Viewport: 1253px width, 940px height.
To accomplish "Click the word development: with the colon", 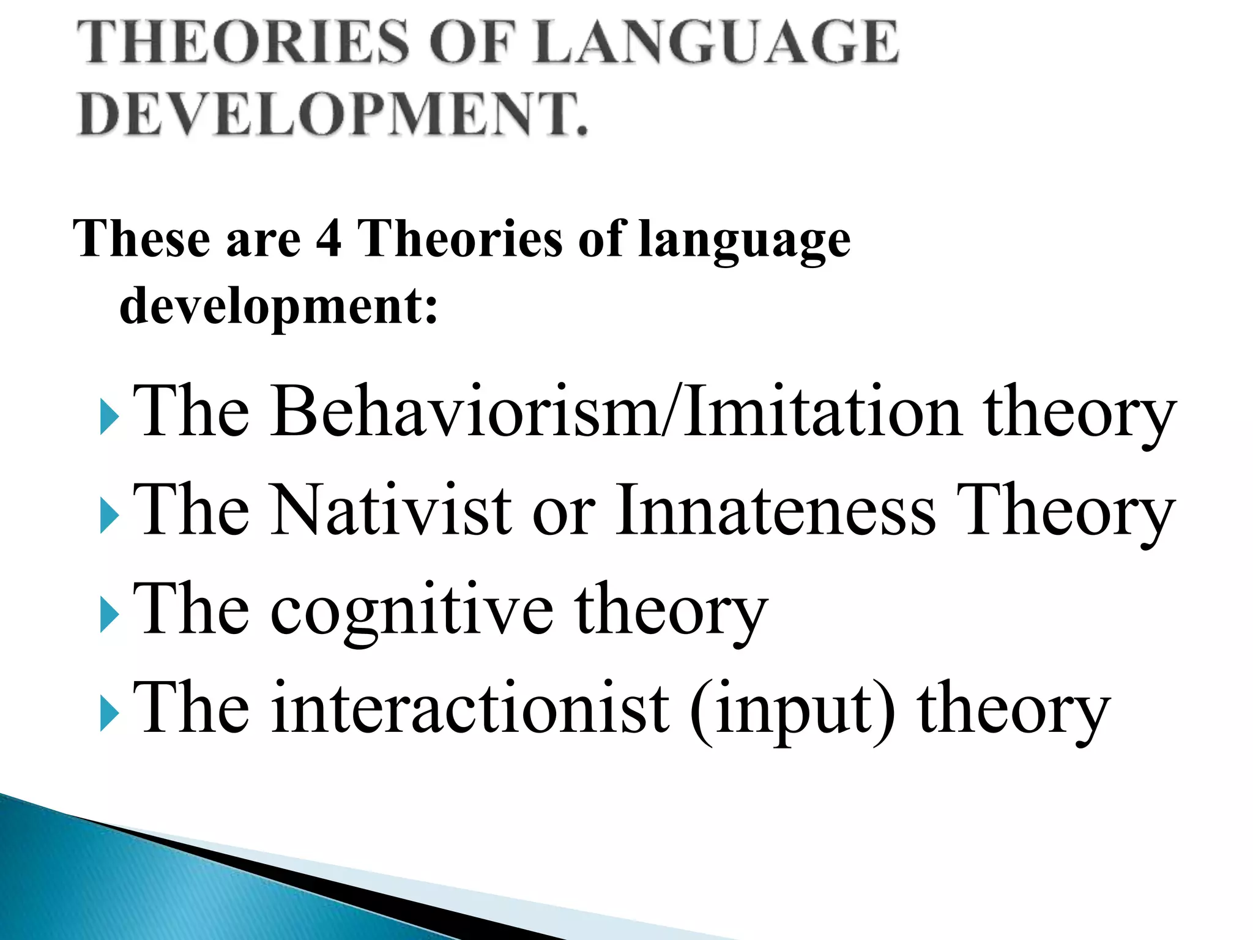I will click(278, 306).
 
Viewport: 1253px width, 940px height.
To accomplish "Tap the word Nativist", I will click(392, 510).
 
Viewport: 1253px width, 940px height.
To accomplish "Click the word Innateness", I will click(775, 510).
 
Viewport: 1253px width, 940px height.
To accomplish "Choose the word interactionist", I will click(470, 709).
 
